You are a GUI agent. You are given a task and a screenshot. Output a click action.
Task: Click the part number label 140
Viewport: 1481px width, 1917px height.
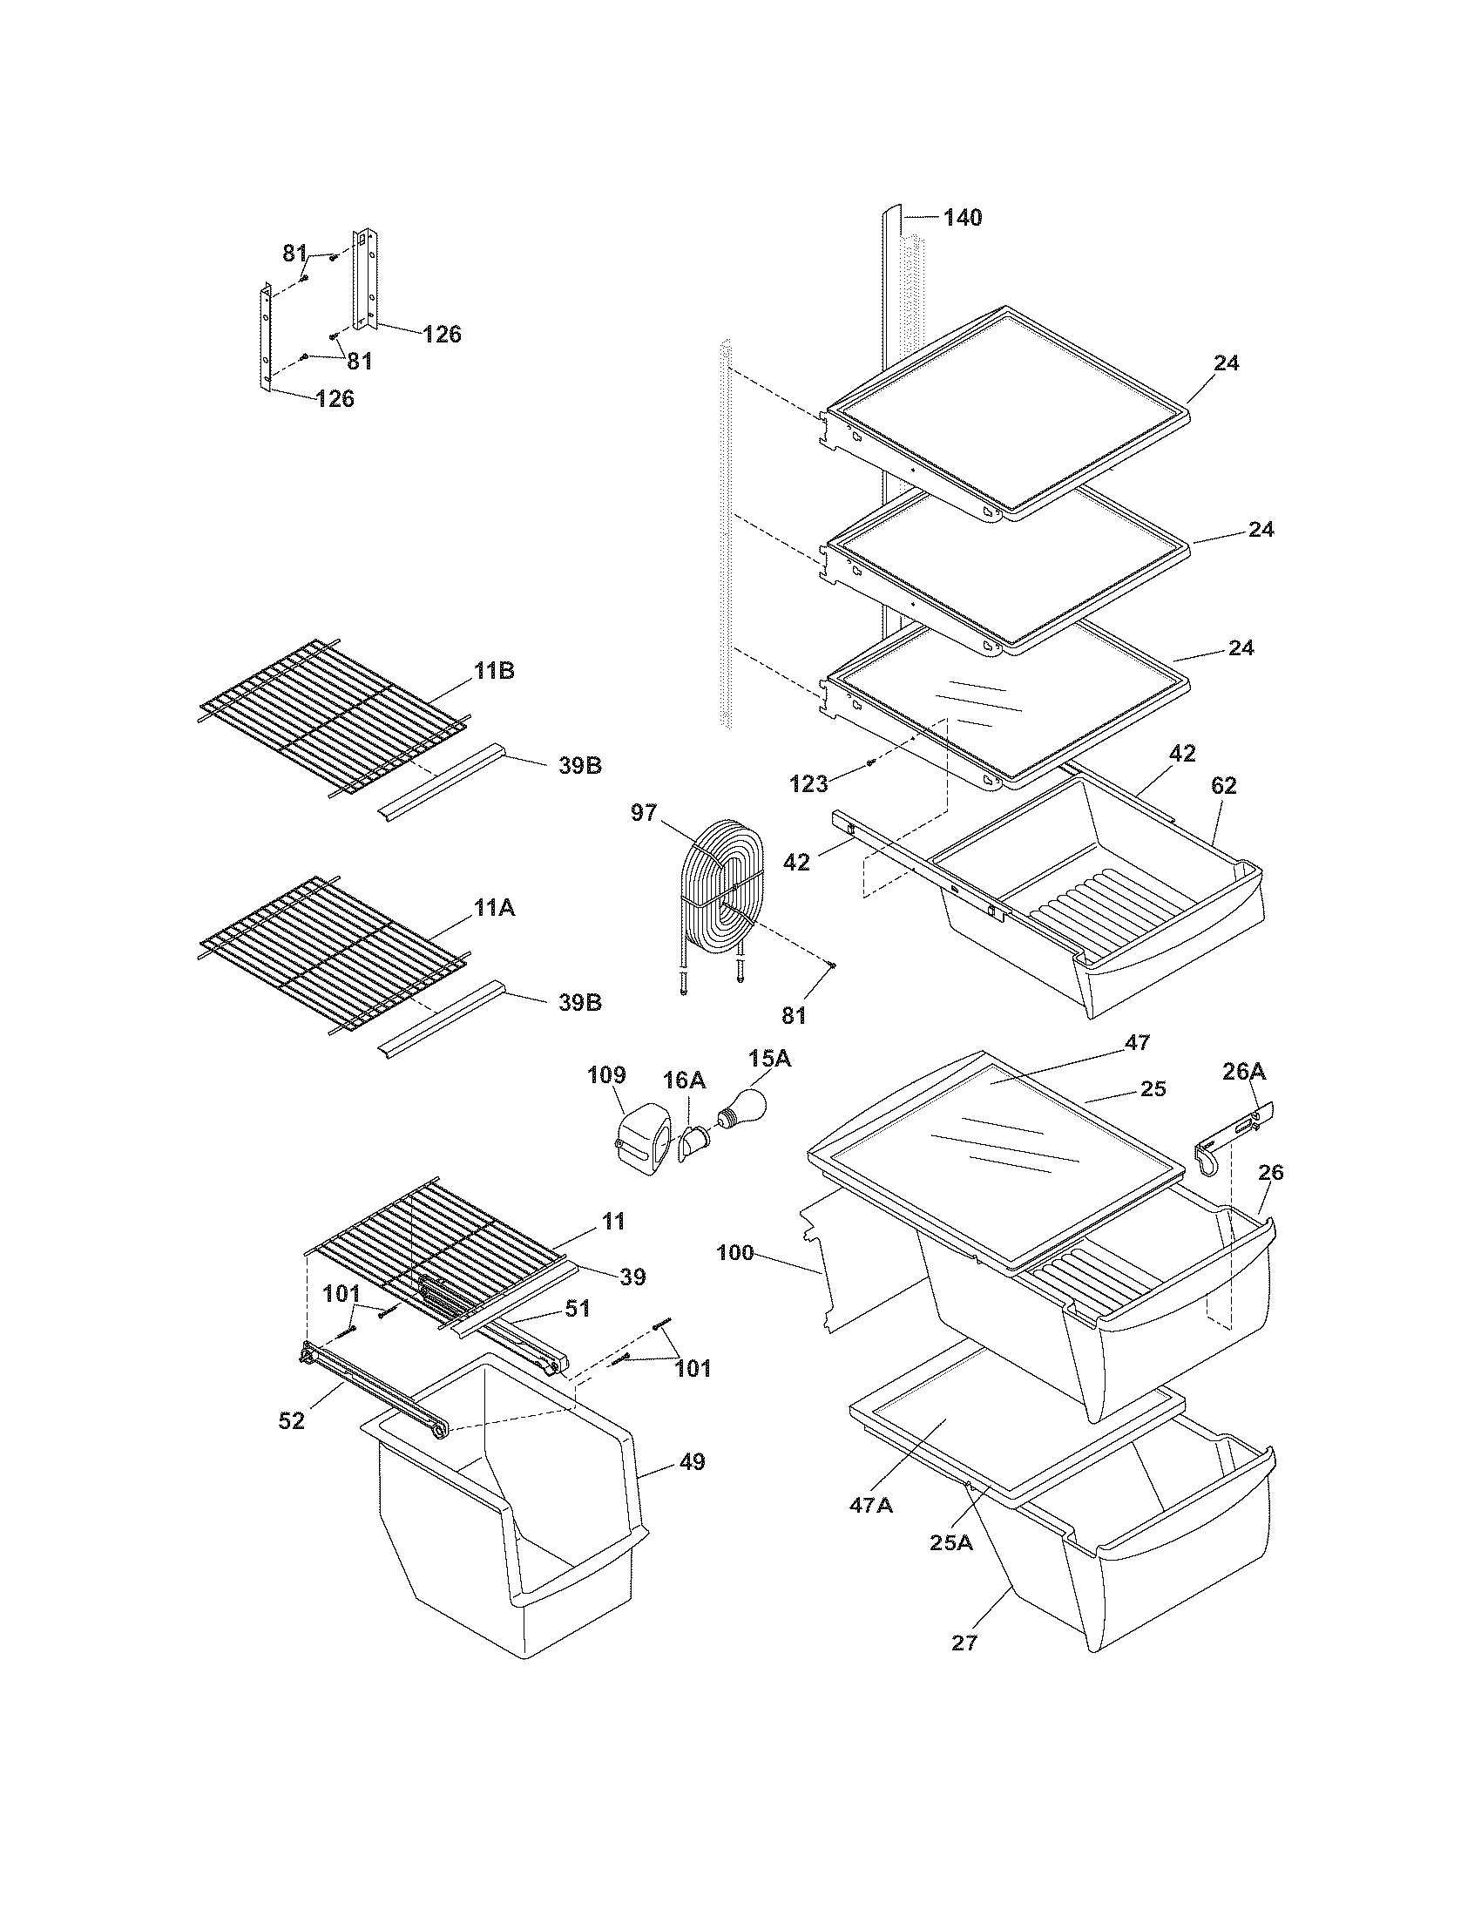(x=963, y=217)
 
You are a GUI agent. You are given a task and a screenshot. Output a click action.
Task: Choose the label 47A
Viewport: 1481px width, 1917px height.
(x=870, y=1505)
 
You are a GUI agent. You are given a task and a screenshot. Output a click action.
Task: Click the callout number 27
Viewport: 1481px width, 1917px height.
(x=964, y=1643)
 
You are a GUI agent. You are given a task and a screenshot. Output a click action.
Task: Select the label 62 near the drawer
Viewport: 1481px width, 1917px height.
(x=1223, y=787)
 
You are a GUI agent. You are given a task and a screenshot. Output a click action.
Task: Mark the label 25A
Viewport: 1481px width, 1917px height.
(x=952, y=1542)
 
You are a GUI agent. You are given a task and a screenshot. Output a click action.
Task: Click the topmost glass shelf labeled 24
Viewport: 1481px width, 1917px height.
(x=1009, y=408)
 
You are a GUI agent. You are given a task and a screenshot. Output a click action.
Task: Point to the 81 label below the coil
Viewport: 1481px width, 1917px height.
(x=794, y=1015)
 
